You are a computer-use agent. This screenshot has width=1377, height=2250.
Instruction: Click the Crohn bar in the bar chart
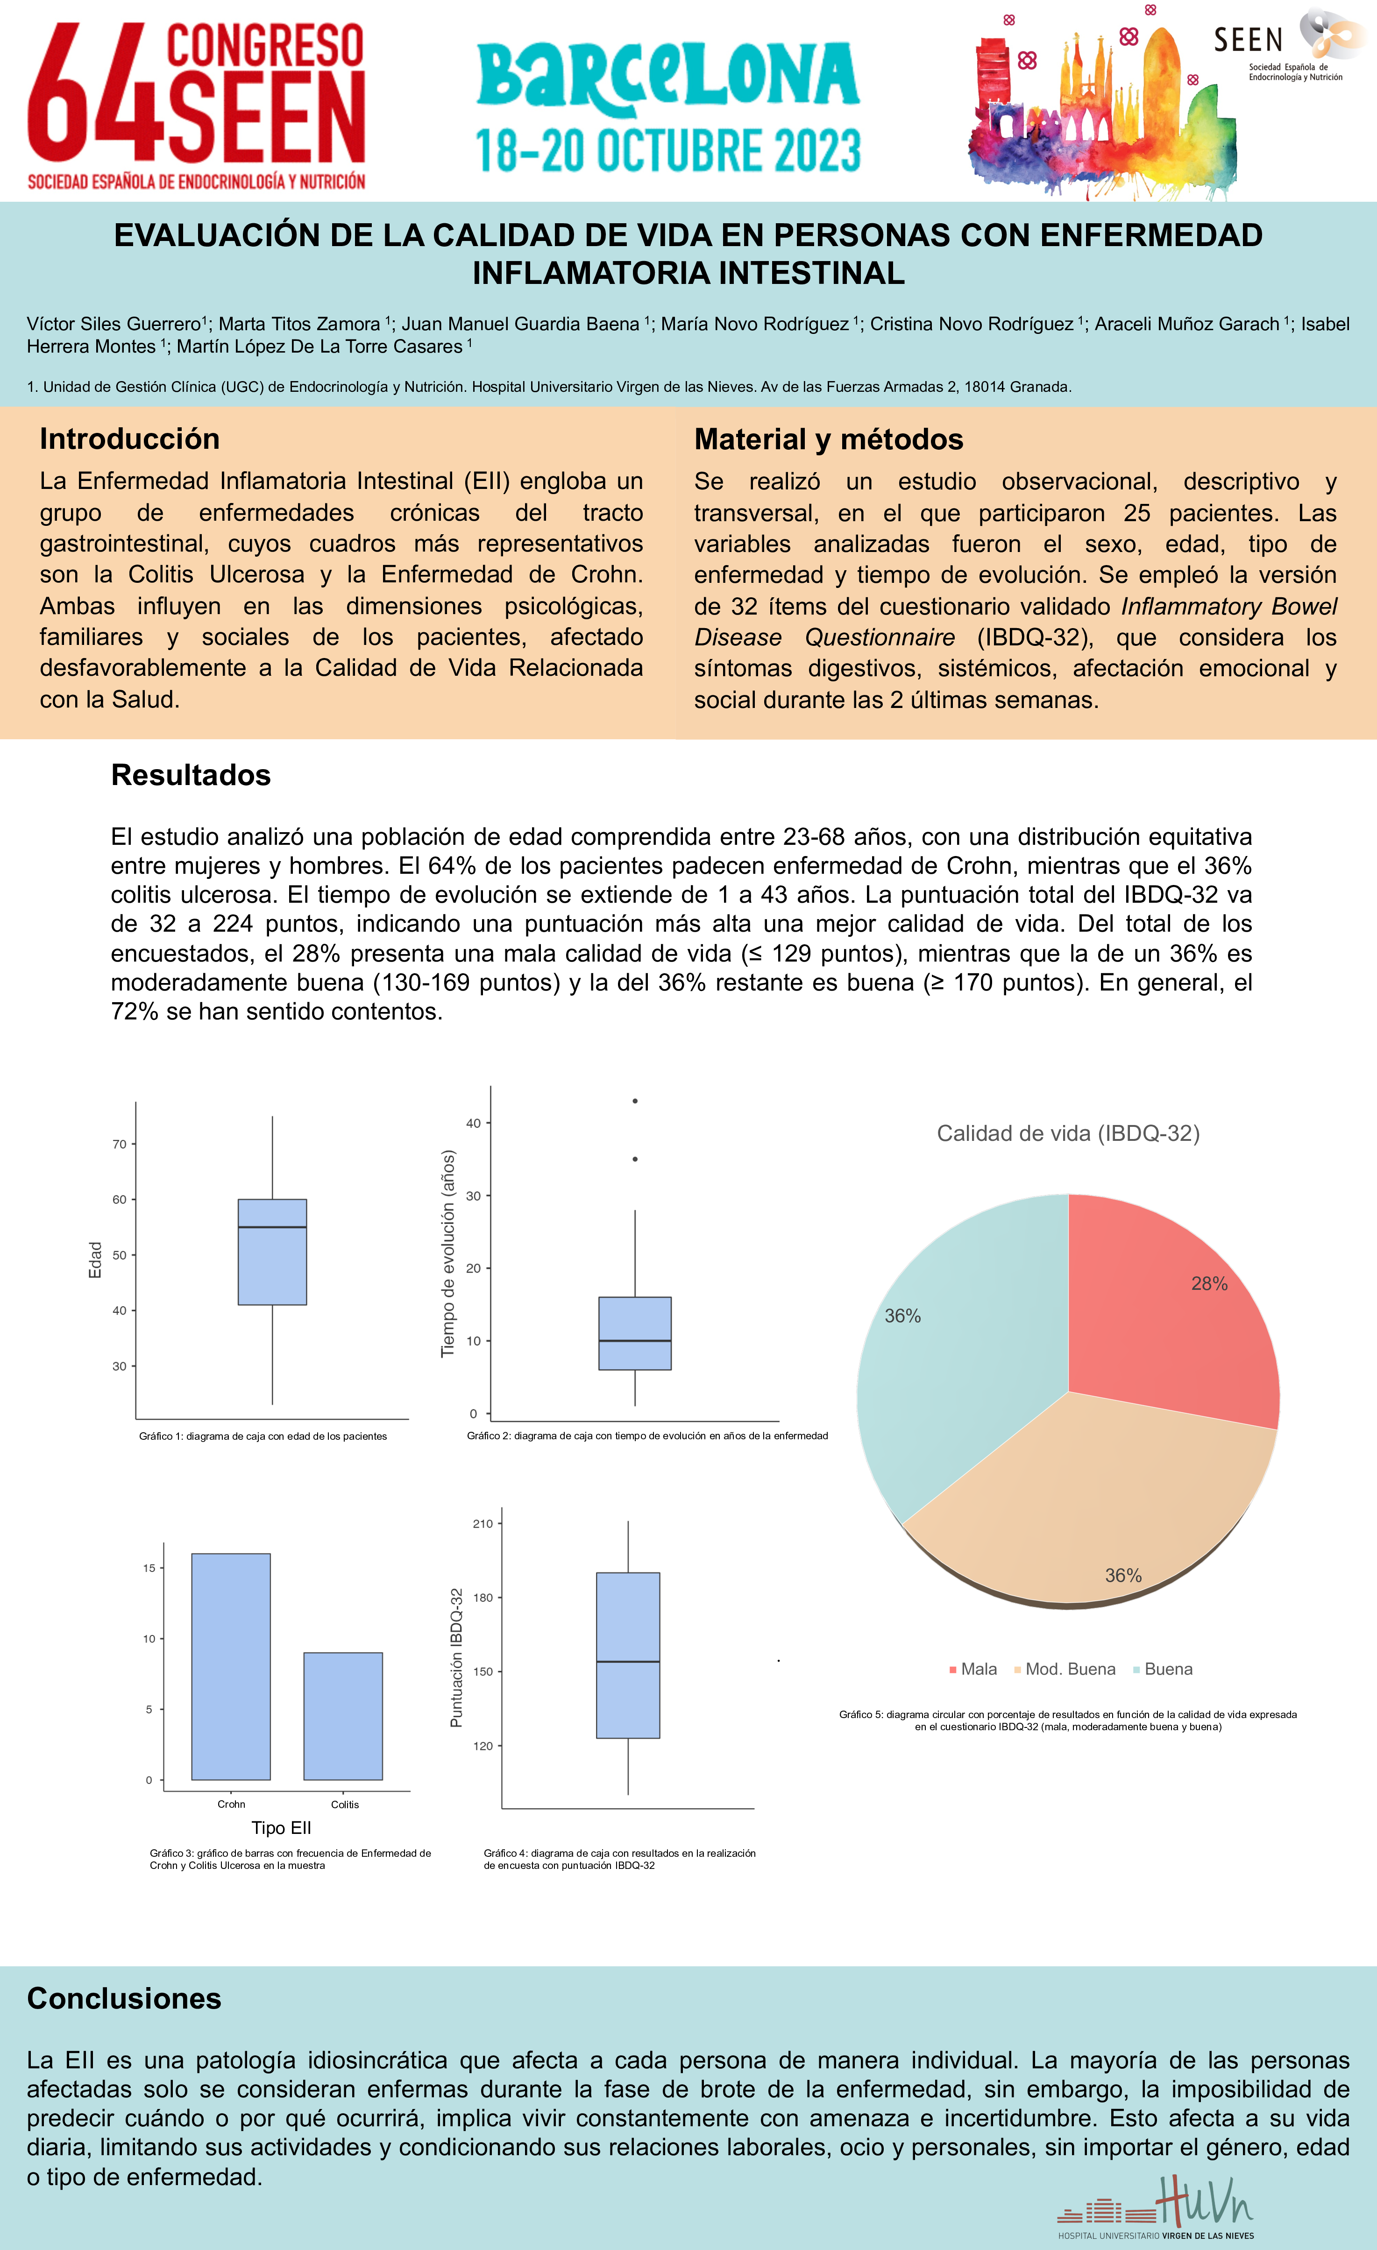(x=231, y=1667)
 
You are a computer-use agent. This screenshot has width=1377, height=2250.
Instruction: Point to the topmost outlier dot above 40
(x=635, y=1101)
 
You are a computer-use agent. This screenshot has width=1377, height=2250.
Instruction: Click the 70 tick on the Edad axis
(x=120, y=1144)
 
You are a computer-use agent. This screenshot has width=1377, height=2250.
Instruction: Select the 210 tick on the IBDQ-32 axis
(x=483, y=1523)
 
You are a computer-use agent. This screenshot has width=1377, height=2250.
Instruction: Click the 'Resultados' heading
(x=191, y=775)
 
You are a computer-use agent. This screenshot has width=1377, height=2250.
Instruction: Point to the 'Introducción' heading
(x=130, y=439)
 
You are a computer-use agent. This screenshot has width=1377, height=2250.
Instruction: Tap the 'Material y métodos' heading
(x=828, y=439)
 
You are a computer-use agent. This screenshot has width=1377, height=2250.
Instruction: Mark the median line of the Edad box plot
(x=272, y=1227)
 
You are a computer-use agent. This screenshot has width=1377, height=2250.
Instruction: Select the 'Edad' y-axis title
(x=95, y=1260)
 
